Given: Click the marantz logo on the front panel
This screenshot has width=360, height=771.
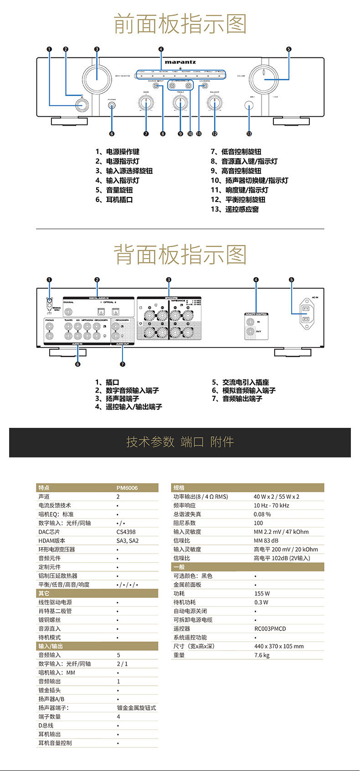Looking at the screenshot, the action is coord(180,62).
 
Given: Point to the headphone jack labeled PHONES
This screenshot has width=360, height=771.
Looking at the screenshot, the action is coord(112,106).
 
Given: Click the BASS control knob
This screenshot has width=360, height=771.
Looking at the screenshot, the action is coord(146,104).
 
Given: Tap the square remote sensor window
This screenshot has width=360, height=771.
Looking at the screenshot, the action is coord(249,105).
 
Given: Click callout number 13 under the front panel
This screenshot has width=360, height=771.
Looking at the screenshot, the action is coord(249,134).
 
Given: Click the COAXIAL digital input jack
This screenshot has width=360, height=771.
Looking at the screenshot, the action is coord(68,312).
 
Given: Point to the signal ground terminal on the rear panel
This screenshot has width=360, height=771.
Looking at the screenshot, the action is coord(49,301).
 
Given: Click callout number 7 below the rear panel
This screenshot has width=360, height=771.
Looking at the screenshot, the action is coord(123,364).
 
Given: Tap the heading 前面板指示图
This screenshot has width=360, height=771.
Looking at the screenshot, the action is coord(180,24).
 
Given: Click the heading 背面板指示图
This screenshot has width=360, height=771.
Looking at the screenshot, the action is coord(180,254).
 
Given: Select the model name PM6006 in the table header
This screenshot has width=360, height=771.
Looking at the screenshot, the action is coord(127,488).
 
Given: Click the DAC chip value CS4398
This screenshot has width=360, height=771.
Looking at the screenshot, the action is coord(126,532).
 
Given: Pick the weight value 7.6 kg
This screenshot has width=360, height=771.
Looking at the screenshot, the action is coord(262,655).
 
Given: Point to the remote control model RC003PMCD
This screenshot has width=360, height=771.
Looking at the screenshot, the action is coord(270,629).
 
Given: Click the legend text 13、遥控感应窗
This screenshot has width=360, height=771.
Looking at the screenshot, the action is coord(235,209).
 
